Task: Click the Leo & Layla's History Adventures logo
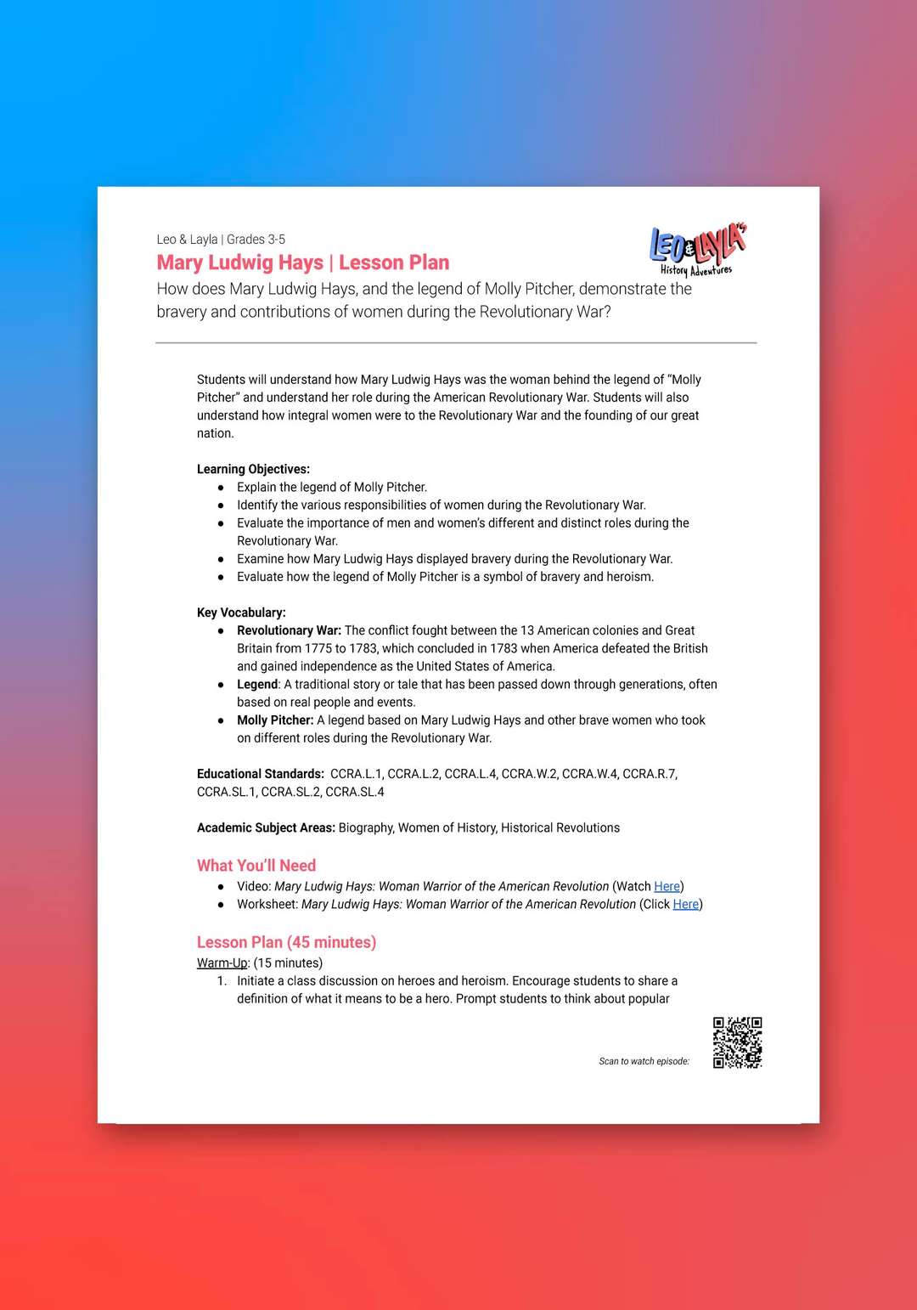[x=697, y=250]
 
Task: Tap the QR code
[x=737, y=1042]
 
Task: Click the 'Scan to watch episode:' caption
[x=644, y=1061]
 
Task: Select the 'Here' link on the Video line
[x=667, y=886]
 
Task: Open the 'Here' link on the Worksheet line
[x=685, y=904]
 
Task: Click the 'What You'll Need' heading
[x=256, y=866]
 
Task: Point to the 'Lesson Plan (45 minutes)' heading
[x=286, y=942]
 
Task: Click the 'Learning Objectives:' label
[x=253, y=469]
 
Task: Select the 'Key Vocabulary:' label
[x=241, y=613]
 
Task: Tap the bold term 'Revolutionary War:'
[x=289, y=630]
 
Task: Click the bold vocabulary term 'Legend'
[x=257, y=684]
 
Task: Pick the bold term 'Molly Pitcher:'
[x=275, y=720]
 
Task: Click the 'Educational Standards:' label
[x=260, y=774]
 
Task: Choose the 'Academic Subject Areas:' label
[x=266, y=827]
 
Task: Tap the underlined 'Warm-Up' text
[x=222, y=963]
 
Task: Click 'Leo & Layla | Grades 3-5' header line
[x=221, y=240]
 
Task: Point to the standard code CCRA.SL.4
[x=355, y=792]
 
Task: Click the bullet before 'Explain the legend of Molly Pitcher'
[x=221, y=488]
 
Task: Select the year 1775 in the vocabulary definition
[x=318, y=648]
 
